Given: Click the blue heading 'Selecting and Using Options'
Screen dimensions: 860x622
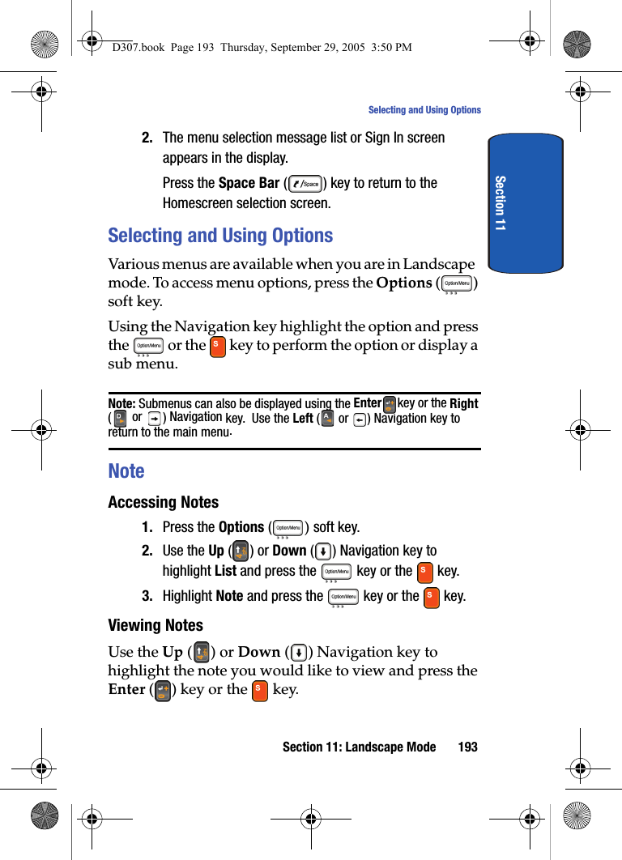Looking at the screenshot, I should [x=220, y=236].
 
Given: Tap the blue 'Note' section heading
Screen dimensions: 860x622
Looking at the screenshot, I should [x=126, y=470].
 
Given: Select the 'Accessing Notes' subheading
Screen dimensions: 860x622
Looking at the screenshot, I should [x=163, y=502].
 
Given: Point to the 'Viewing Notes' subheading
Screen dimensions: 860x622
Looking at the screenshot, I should [x=155, y=625].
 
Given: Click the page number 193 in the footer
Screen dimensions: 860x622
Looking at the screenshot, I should [x=467, y=747].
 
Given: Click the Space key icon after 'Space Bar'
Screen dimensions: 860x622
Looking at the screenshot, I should [x=305, y=184].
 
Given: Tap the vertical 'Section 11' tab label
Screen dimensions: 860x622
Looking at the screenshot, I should [x=500, y=202].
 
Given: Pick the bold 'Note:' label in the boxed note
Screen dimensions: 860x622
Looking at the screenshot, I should [x=121, y=403].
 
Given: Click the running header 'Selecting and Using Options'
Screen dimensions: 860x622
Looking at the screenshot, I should [x=424, y=110].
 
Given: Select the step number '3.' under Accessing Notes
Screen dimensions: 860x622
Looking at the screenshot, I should [x=147, y=596].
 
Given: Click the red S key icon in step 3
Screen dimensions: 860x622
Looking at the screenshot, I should [x=432, y=598].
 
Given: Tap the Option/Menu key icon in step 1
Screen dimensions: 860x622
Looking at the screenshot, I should [x=288, y=528].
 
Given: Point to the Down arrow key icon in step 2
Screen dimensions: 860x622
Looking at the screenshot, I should [x=322, y=551].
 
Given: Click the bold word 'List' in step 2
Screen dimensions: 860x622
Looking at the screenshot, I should [x=225, y=571].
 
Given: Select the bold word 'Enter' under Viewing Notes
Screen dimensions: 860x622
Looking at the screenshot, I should [x=126, y=689].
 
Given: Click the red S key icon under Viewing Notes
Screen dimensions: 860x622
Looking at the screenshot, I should [x=259, y=691].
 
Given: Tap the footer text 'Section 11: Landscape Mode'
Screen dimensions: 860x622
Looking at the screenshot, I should [x=359, y=747].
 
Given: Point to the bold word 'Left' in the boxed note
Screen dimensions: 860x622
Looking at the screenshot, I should [x=302, y=418].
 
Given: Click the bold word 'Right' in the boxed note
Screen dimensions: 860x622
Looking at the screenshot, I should [x=464, y=403].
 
